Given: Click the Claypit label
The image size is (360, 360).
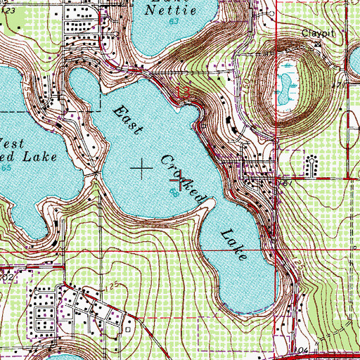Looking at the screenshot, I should [x=316, y=32].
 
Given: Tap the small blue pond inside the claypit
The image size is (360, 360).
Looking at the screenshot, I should [x=287, y=79].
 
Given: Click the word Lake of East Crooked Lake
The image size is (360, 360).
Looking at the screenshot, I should [x=233, y=243].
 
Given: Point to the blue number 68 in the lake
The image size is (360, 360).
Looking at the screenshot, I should [x=173, y=193].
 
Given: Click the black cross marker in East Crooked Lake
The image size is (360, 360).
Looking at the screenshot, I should [x=141, y=167].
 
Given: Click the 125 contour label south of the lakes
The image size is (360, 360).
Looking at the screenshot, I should [x=115, y=283].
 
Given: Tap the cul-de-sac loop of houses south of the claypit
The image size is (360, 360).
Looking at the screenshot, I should [x=310, y=165].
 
